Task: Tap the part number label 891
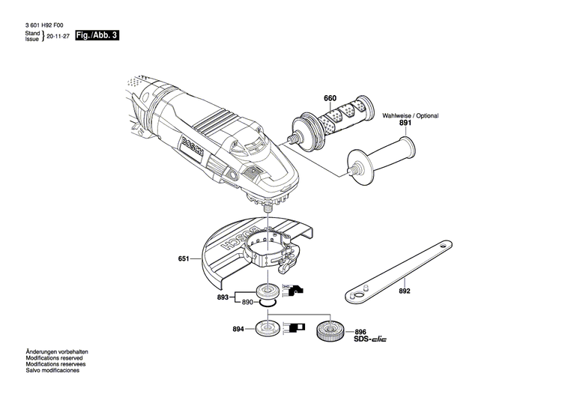[x=405, y=123]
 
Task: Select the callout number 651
[x=184, y=259]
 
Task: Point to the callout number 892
[x=404, y=292]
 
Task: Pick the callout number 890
[x=247, y=302]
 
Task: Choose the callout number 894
[x=238, y=328]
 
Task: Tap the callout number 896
[x=360, y=332]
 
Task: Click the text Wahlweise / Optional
[x=411, y=116]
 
